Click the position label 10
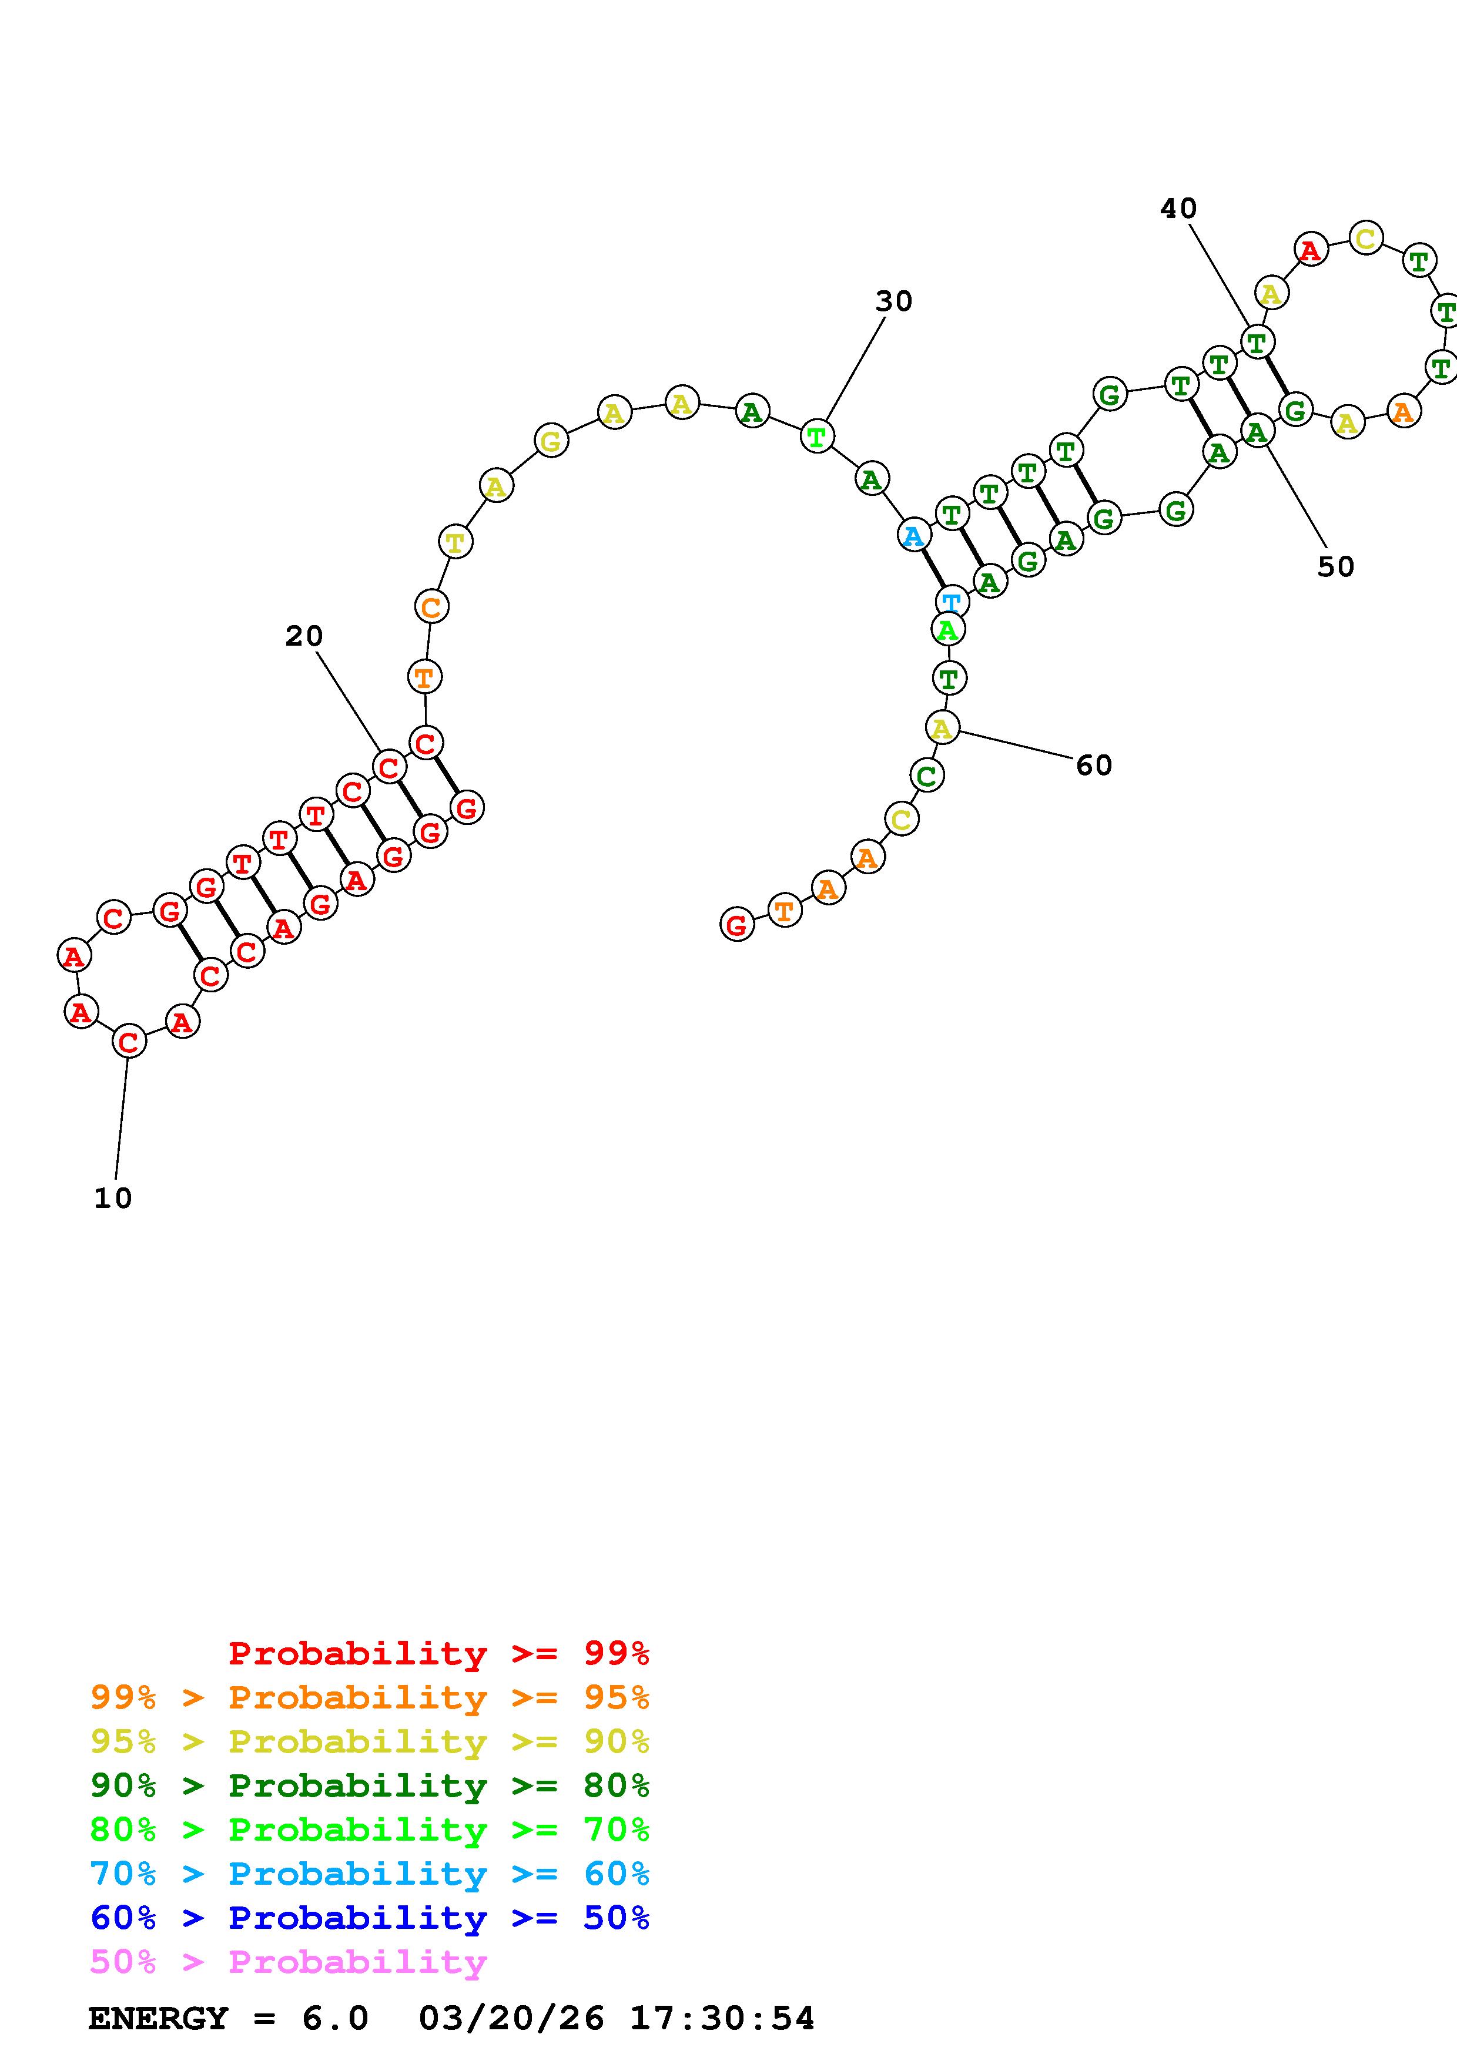tap(113, 1199)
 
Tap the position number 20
tap(304, 636)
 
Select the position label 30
tap(894, 301)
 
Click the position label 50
tap(1336, 566)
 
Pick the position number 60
tap(1094, 765)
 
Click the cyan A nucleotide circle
tap(914, 536)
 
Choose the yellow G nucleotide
tap(551, 441)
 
